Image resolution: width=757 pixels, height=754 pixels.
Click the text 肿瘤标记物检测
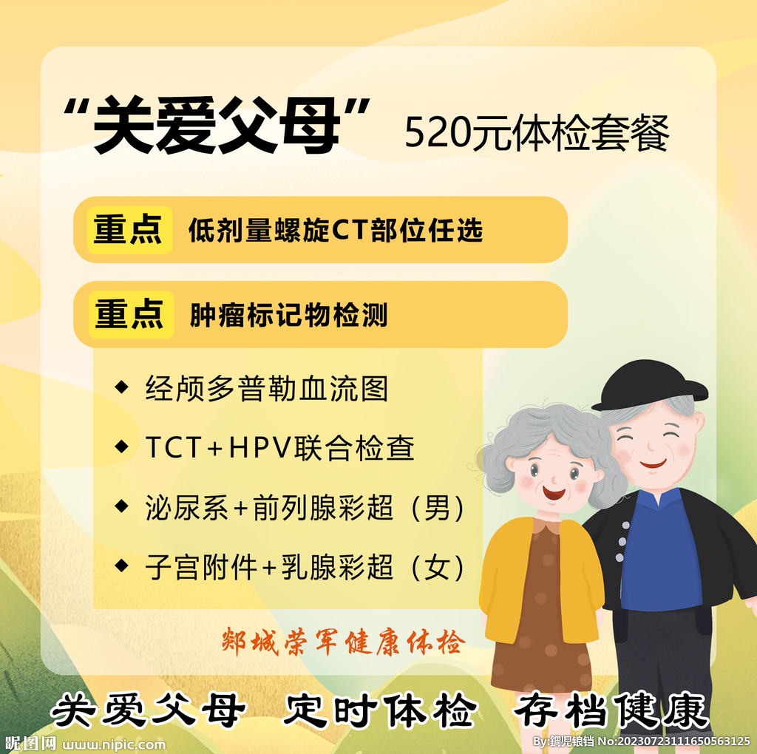[288, 316]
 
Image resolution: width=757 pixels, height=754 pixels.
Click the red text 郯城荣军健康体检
[343, 642]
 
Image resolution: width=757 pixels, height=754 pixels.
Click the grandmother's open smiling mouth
[552, 491]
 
